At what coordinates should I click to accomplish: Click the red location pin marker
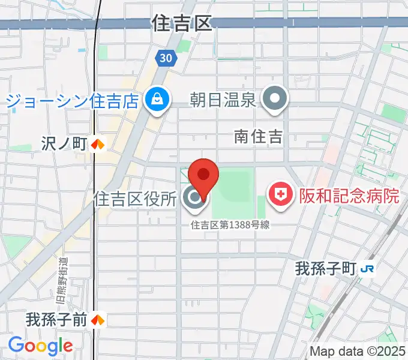(203, 175)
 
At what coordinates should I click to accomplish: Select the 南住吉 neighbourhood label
(258, 137)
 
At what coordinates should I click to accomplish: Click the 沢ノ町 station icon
(98, 144)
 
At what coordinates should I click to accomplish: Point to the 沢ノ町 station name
(65, 144)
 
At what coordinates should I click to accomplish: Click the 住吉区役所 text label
(135, 199)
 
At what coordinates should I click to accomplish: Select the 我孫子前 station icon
(98, 320)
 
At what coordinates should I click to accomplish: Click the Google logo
(40, 346)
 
